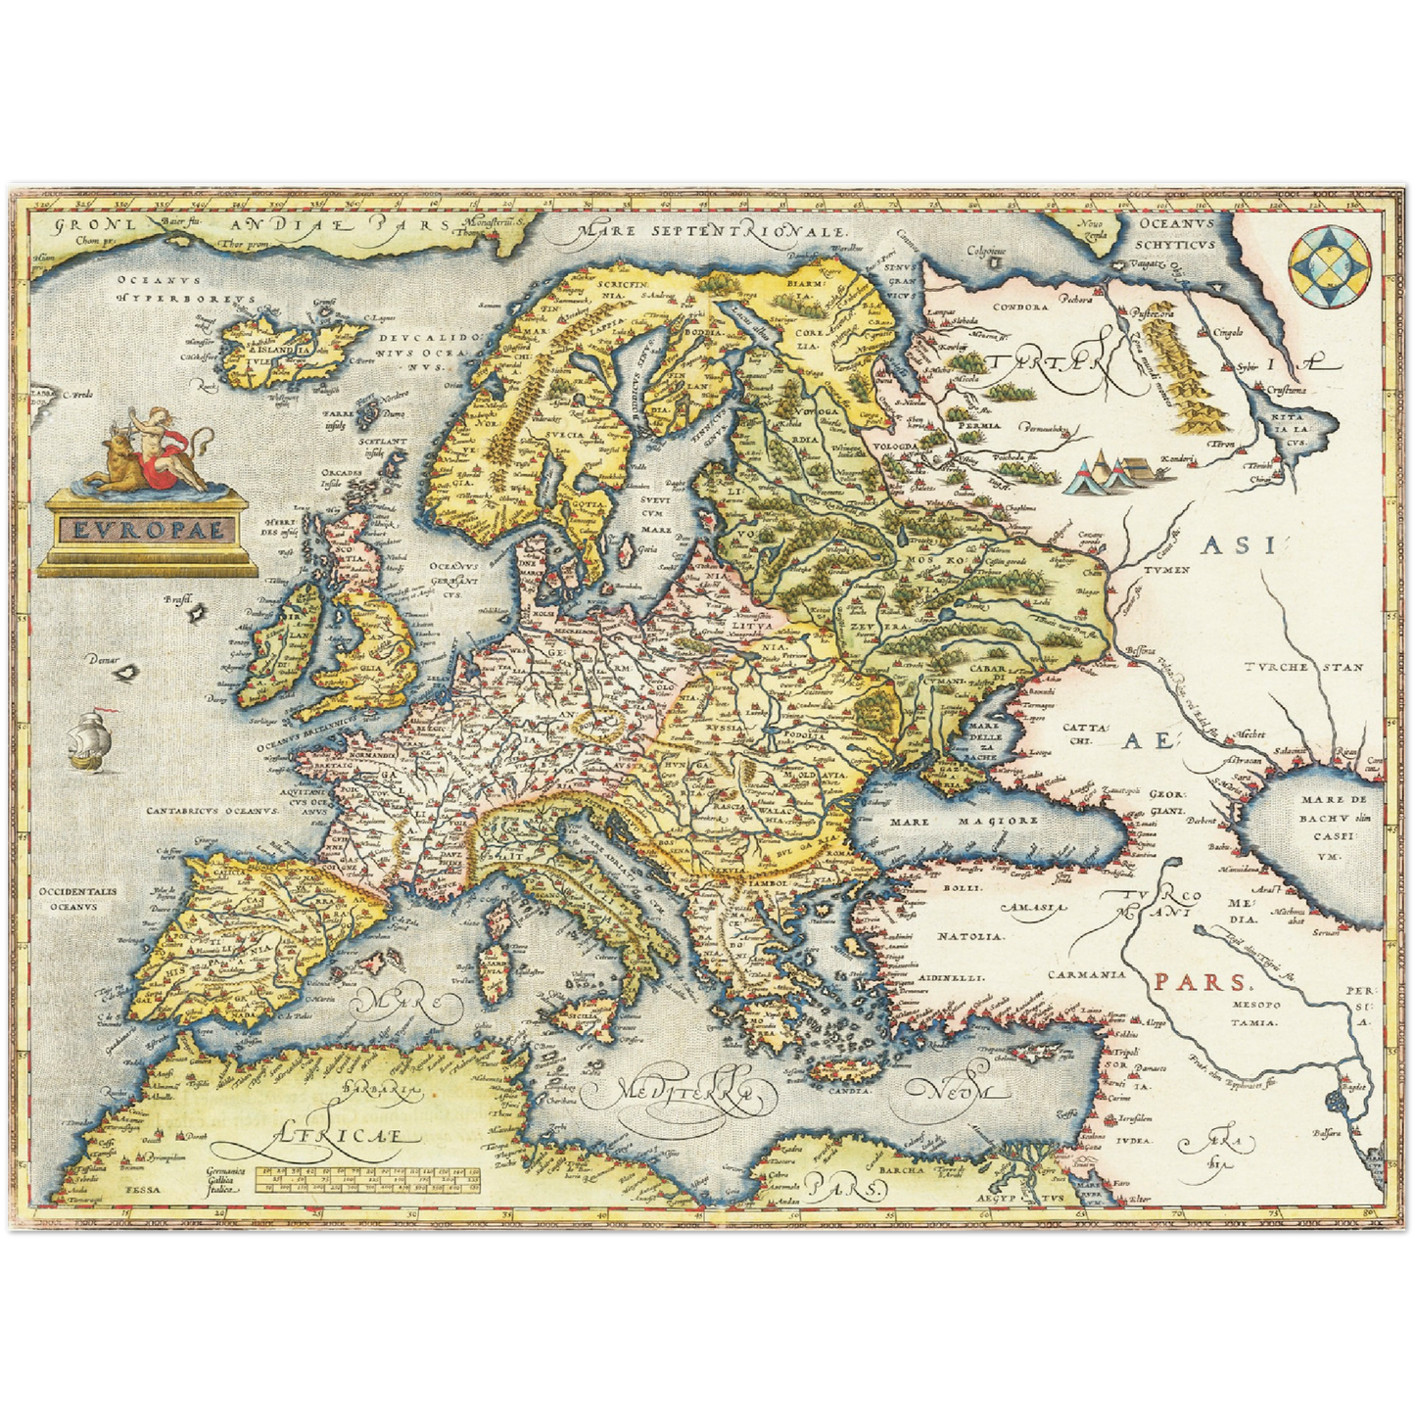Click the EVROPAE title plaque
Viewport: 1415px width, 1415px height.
[x=147, y=530]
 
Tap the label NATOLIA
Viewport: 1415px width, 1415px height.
[x=969, y=937]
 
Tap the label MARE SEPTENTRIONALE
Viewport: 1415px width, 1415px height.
[x=712, y=231]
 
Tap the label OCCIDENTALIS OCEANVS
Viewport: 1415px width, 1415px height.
[x=78, y=899]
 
